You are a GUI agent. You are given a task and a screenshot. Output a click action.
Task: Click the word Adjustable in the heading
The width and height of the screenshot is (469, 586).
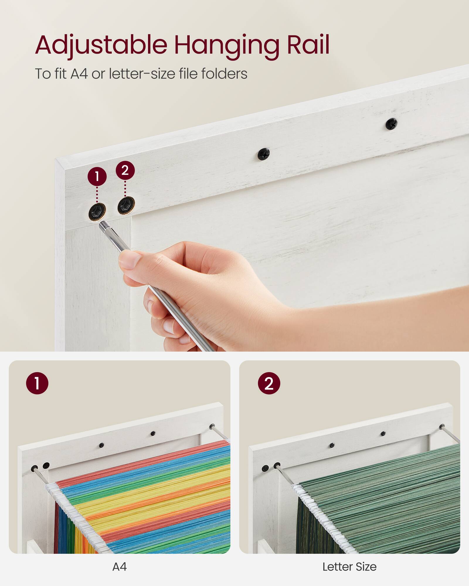(x=101, y=45)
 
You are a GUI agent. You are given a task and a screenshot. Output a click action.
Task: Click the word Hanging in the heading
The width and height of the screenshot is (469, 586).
(x=227, y=45)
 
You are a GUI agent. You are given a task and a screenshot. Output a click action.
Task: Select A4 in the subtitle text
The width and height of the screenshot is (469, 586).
(x=79, y=74)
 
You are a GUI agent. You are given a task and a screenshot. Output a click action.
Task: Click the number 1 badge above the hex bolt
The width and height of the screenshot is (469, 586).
(x=97, y=176)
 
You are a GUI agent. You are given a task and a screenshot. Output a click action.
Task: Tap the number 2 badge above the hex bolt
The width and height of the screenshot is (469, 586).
(x=125, y=170)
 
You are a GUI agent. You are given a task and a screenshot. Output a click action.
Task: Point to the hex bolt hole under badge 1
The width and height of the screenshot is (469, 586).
(x=97, y=211)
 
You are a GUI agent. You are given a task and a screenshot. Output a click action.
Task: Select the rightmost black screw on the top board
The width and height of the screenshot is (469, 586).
(x=391, y=124)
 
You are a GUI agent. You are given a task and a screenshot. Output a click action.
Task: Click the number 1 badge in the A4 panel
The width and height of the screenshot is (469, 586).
(x=37, y=383)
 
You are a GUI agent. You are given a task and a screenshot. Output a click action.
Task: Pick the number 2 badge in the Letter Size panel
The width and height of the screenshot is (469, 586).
(x=269, y=383)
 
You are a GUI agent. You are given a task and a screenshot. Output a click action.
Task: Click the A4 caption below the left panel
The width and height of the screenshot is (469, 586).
(x=120, y=567)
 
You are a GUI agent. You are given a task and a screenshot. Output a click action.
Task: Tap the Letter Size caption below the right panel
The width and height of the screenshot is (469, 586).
(x=349, y=567)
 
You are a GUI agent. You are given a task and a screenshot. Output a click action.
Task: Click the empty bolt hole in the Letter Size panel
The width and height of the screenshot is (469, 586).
(x=265, y=468)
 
